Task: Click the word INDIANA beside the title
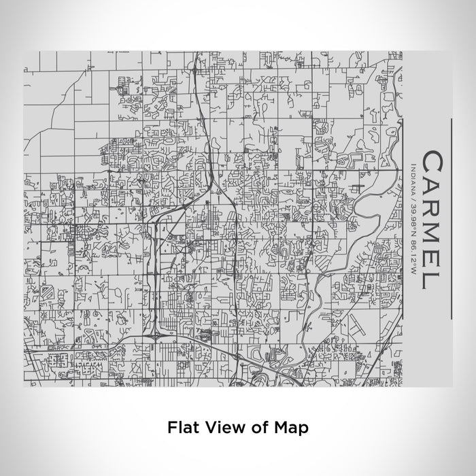tap(414, 173)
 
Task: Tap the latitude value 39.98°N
tap(414, 204)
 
